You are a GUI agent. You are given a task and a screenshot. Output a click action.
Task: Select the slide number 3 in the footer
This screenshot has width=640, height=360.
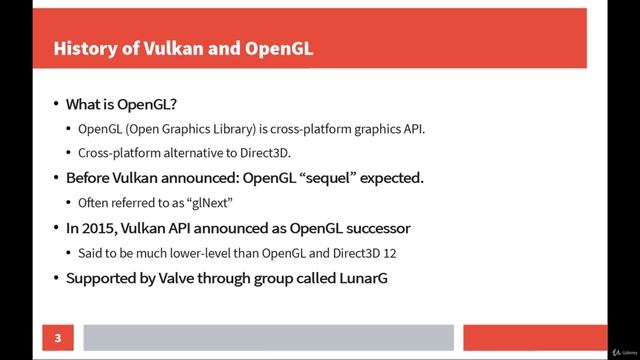coord(58,338)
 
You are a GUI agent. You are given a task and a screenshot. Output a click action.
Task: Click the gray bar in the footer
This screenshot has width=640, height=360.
coord(268,338)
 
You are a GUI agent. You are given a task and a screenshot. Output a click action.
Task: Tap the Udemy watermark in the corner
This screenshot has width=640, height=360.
coord(616,351)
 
